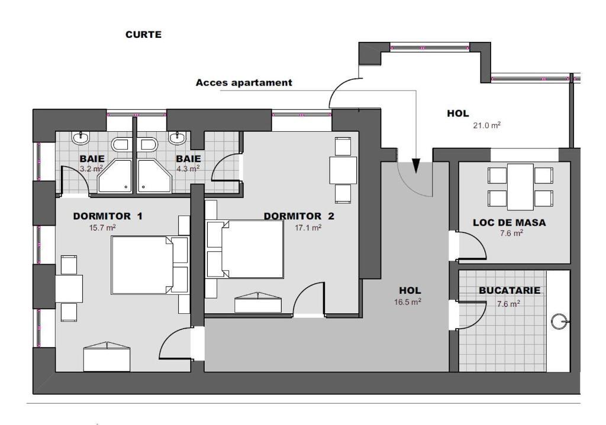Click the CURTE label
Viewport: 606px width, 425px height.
pos(143,34)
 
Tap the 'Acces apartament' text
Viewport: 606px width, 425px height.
pos(244,83)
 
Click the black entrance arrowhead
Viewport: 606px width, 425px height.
pos(415,166)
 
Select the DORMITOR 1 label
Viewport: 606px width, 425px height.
pos(108,216)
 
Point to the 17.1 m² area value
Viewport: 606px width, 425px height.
pos(308,228)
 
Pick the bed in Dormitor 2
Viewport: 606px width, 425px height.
pos(246,249)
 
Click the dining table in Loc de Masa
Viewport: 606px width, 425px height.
pos(520,187)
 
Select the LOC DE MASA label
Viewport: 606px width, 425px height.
pos(510,222)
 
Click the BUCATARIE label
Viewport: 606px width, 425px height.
pos(510,290)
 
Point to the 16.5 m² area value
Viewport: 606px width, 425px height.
pos(408,302)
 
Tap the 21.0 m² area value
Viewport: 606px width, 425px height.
pos(487,125)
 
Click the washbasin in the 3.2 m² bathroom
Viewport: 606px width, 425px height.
pos(80,138)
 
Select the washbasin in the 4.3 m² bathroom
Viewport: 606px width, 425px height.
pos(178,138)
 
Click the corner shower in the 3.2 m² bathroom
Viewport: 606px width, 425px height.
pos(114,176)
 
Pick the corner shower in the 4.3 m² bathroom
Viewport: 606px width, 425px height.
pos(154,176)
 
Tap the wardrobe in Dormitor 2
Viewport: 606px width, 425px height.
pos(258,302)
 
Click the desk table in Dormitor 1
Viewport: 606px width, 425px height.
pos(69,288)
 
